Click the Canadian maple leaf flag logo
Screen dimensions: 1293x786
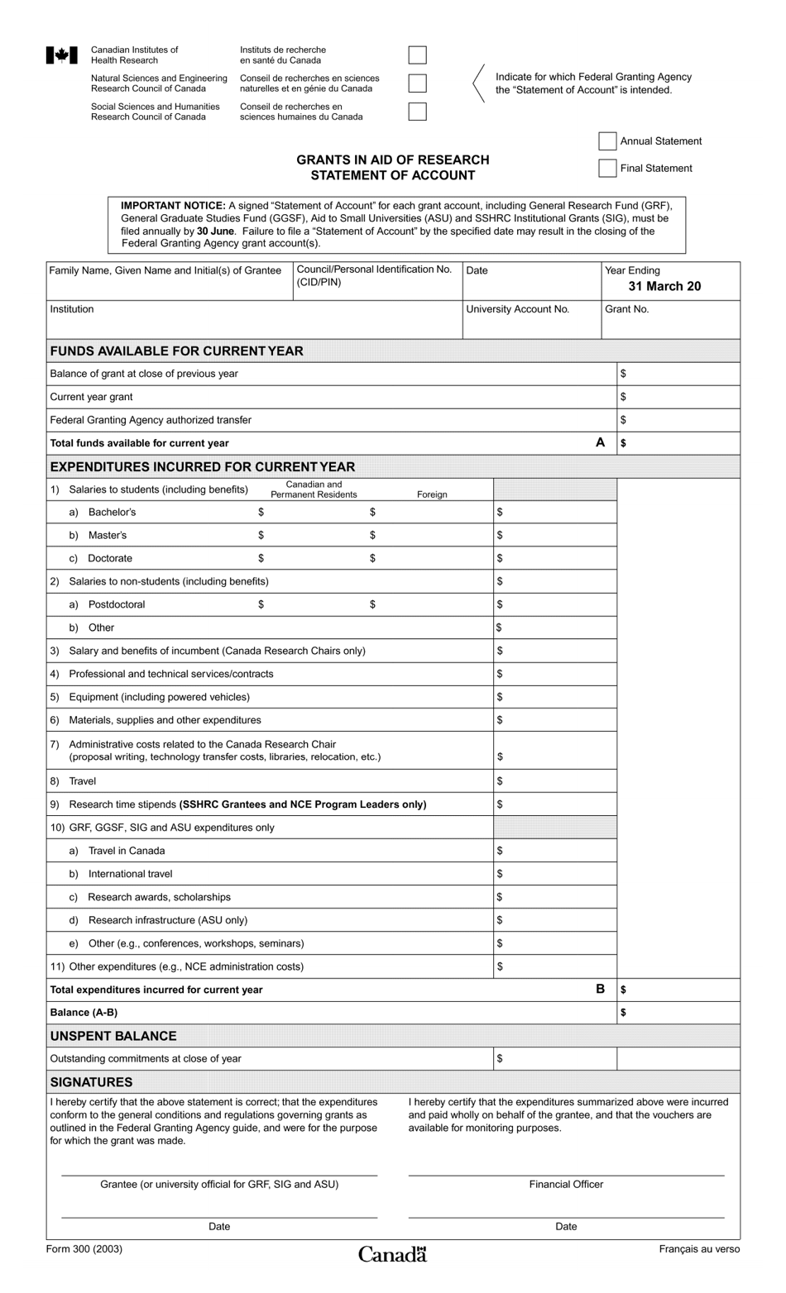coord(61,55)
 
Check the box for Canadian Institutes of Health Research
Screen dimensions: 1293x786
coord(418,55)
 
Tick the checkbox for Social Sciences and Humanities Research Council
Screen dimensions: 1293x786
coord(418,112)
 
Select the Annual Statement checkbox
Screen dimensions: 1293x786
coord(607,141)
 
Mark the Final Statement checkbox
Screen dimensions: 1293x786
coord(607,169)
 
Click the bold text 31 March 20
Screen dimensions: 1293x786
coord(664,286)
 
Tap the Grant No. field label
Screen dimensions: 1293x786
coord(627,309)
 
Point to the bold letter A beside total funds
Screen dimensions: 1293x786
coord(601,442)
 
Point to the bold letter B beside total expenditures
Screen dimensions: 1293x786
coord(601,989)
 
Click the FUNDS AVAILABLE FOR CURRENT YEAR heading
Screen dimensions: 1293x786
coord(176,351)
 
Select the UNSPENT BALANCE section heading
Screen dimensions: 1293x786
coord(113,1036)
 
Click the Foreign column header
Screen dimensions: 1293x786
coord(432,494)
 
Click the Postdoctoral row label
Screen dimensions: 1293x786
coord(117,604)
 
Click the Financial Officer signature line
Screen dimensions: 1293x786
coord(566,1174)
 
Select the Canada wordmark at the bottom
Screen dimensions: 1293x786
coord(392,1254)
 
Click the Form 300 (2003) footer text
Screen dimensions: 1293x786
coord(84,1248)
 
